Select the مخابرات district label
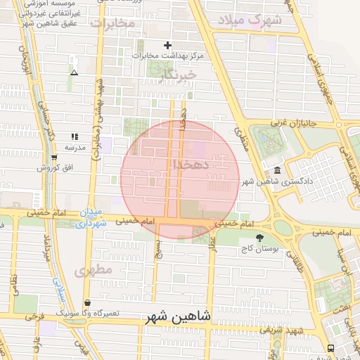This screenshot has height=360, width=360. click(112, 23)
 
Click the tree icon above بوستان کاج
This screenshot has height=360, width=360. click(260, 238)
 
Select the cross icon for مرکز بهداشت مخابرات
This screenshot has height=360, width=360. click(167, 46)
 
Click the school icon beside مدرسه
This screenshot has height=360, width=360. click(75, 136)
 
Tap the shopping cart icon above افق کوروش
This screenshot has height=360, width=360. click(53, 157)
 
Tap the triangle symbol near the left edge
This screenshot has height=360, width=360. click(74, 72)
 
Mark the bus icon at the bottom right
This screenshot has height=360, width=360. click(331, 348)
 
